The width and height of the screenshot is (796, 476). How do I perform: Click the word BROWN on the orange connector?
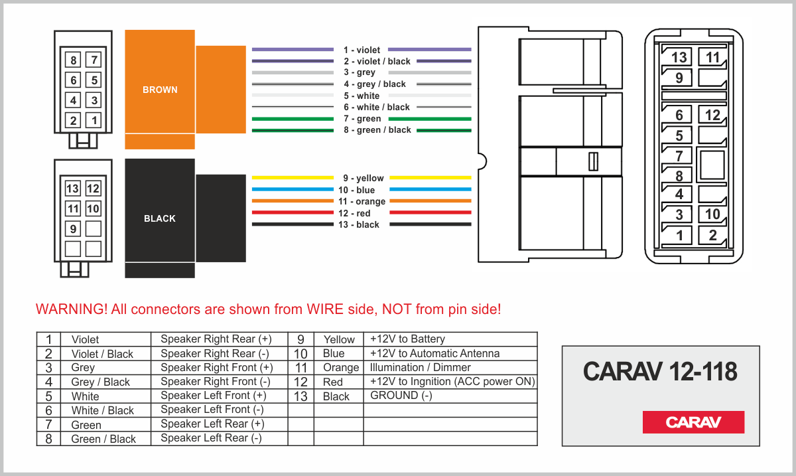tap(160, 90)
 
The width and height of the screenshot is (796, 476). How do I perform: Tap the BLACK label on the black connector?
tap(160, 218)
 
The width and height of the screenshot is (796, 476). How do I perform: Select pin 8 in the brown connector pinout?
tap(73, 60)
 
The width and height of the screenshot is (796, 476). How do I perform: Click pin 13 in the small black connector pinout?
tap(72, 189)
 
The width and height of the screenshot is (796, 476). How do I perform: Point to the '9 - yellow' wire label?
tap(364, 178)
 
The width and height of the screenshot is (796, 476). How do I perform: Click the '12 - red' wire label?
tap(354, 213)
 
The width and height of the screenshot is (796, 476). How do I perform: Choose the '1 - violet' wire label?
tap(362, 50)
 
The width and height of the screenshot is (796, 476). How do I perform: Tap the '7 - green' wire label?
tap(362, 118)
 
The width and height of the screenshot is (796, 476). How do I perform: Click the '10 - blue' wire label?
tap(356, 190)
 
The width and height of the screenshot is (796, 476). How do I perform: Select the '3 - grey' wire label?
tap(360, 72)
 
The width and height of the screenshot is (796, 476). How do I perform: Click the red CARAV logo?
tap(693, 422)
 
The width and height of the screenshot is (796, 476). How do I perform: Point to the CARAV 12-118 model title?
tap(660, 371)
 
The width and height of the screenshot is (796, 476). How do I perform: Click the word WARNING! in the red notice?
tap(72, 309)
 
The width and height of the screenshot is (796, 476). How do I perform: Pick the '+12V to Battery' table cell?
tap(407, 339)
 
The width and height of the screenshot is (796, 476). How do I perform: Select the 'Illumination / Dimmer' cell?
tap(420, 367)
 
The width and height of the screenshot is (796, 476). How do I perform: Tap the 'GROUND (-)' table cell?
tap(401, 395)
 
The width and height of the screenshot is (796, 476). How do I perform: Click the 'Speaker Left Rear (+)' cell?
tap(212, 424)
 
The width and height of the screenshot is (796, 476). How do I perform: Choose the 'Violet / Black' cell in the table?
tap(102, 354)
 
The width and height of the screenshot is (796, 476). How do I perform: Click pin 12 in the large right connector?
tap(712, 115)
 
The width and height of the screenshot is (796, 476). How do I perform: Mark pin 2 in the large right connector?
tap(712, 235)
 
